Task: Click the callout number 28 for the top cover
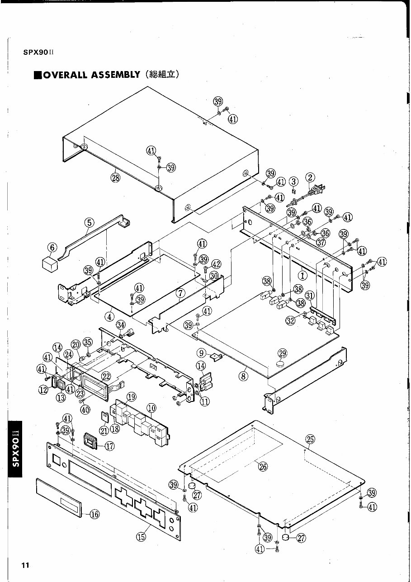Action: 115,177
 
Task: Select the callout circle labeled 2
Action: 311,177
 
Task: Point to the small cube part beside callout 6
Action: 49,262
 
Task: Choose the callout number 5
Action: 89,222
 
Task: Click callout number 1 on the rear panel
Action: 302,274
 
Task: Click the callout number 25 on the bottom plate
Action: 310,439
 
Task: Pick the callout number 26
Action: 263,468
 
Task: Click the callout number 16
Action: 94,514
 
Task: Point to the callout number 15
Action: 141,537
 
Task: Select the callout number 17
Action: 109,446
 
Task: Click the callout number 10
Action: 151,407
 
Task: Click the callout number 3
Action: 294,181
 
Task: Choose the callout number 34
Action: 121,324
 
